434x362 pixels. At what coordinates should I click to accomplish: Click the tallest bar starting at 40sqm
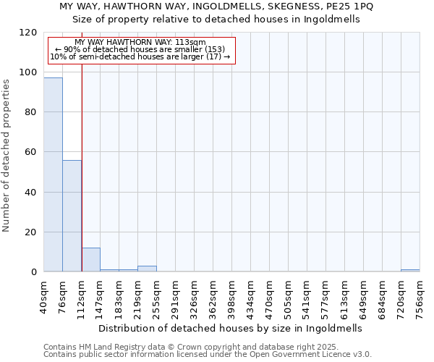click(x=53, y=174)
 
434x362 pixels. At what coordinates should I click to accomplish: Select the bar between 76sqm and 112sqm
click(x=72, y=216)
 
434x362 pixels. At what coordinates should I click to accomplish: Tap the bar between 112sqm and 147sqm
click(x=90, y=260)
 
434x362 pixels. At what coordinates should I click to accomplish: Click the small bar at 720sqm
click(x=410, y=271)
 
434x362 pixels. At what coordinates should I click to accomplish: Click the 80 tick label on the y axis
click(x=31, y=112)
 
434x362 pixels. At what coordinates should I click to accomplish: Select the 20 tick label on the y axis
click(x=31, y=232)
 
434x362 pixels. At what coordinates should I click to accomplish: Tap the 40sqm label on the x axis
click(x=44, y=292)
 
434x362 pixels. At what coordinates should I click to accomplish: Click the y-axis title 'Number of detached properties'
click(x=7, y=156)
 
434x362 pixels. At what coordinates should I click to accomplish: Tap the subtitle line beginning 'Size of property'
click(x=216, y=20)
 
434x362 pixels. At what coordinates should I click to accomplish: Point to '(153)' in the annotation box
click(x=213, y=49)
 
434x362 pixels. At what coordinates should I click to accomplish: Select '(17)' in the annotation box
click(x=215, y=56)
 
